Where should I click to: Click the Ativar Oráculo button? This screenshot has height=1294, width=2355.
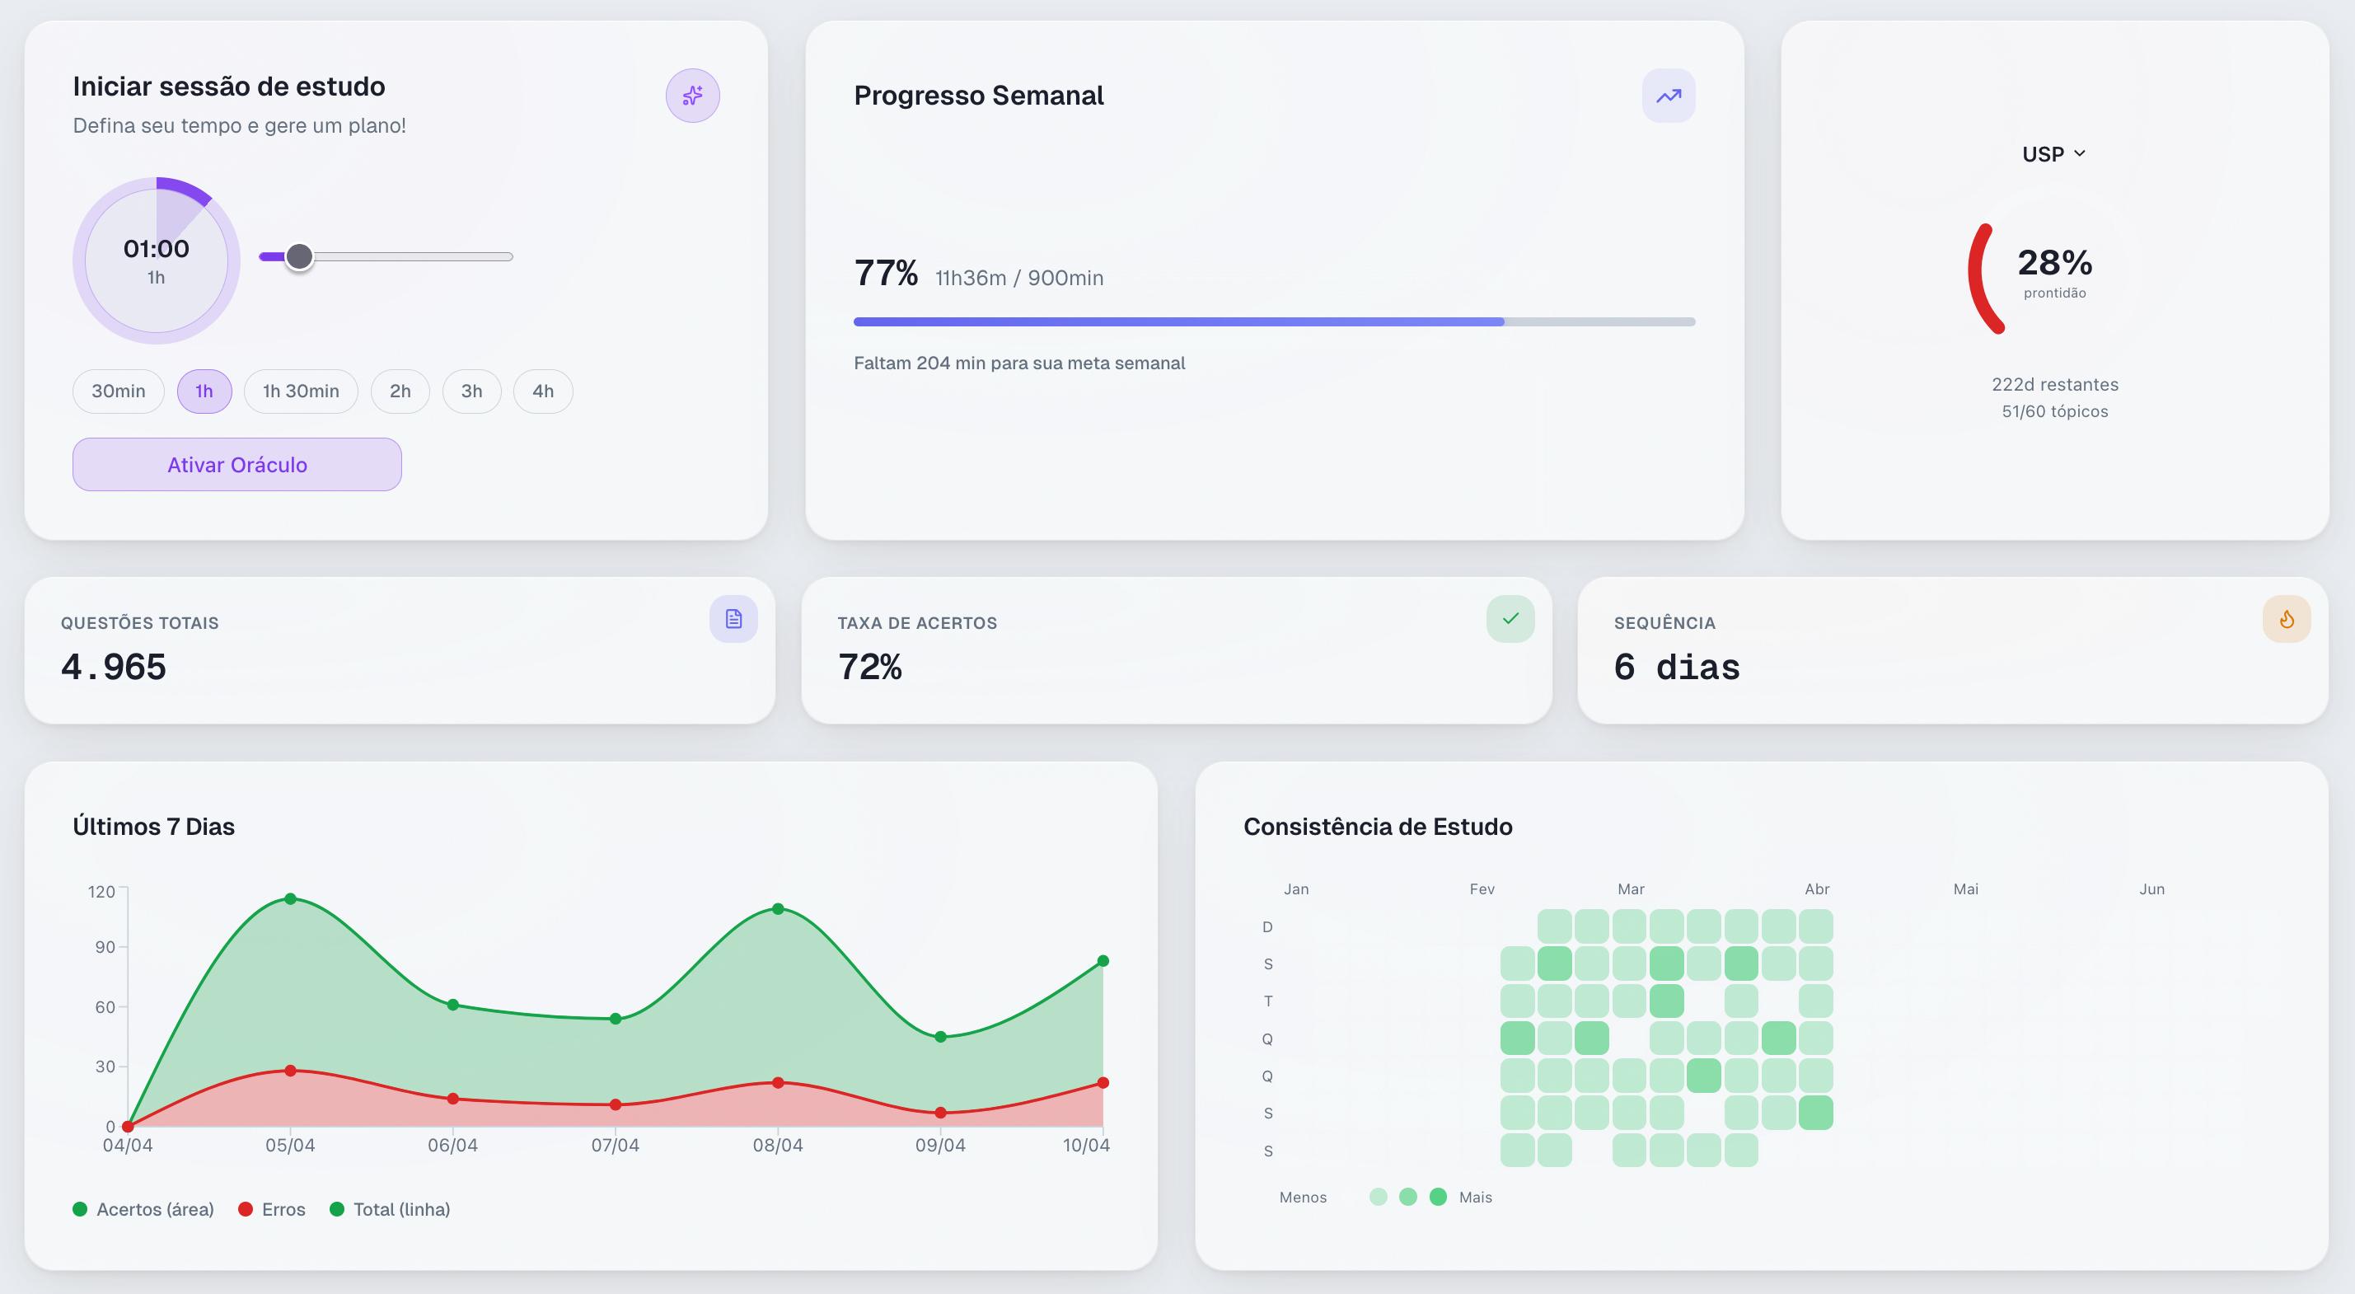[236, 465]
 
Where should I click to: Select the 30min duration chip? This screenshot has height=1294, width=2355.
[118, 391]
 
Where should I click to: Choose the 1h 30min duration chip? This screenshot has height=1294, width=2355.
[301, 391]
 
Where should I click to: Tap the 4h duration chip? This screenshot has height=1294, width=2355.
[542, 391]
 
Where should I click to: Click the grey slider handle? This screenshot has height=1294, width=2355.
[299, 257]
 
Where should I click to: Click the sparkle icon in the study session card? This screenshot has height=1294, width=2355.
[692, 95]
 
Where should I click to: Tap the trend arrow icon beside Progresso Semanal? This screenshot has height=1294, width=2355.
[1669, 95]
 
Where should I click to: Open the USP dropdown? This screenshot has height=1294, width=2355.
[2053, 153]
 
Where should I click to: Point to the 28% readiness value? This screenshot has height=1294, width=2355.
[2054, 262]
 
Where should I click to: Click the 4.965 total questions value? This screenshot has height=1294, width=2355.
[114, 667]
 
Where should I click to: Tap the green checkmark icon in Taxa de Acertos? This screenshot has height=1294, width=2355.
[1510, 619]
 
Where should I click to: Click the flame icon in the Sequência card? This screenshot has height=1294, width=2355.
[2287, 619]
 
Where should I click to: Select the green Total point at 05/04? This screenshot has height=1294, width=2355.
[290, 899]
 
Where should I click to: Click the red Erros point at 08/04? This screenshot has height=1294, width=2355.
[778, 1083]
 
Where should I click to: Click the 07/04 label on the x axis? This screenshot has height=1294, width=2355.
[615, 1146]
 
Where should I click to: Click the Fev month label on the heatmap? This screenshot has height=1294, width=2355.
[1482, 888]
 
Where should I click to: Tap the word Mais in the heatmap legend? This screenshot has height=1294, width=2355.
[1475, 1197]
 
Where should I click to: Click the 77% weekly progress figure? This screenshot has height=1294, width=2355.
[886, 274]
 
